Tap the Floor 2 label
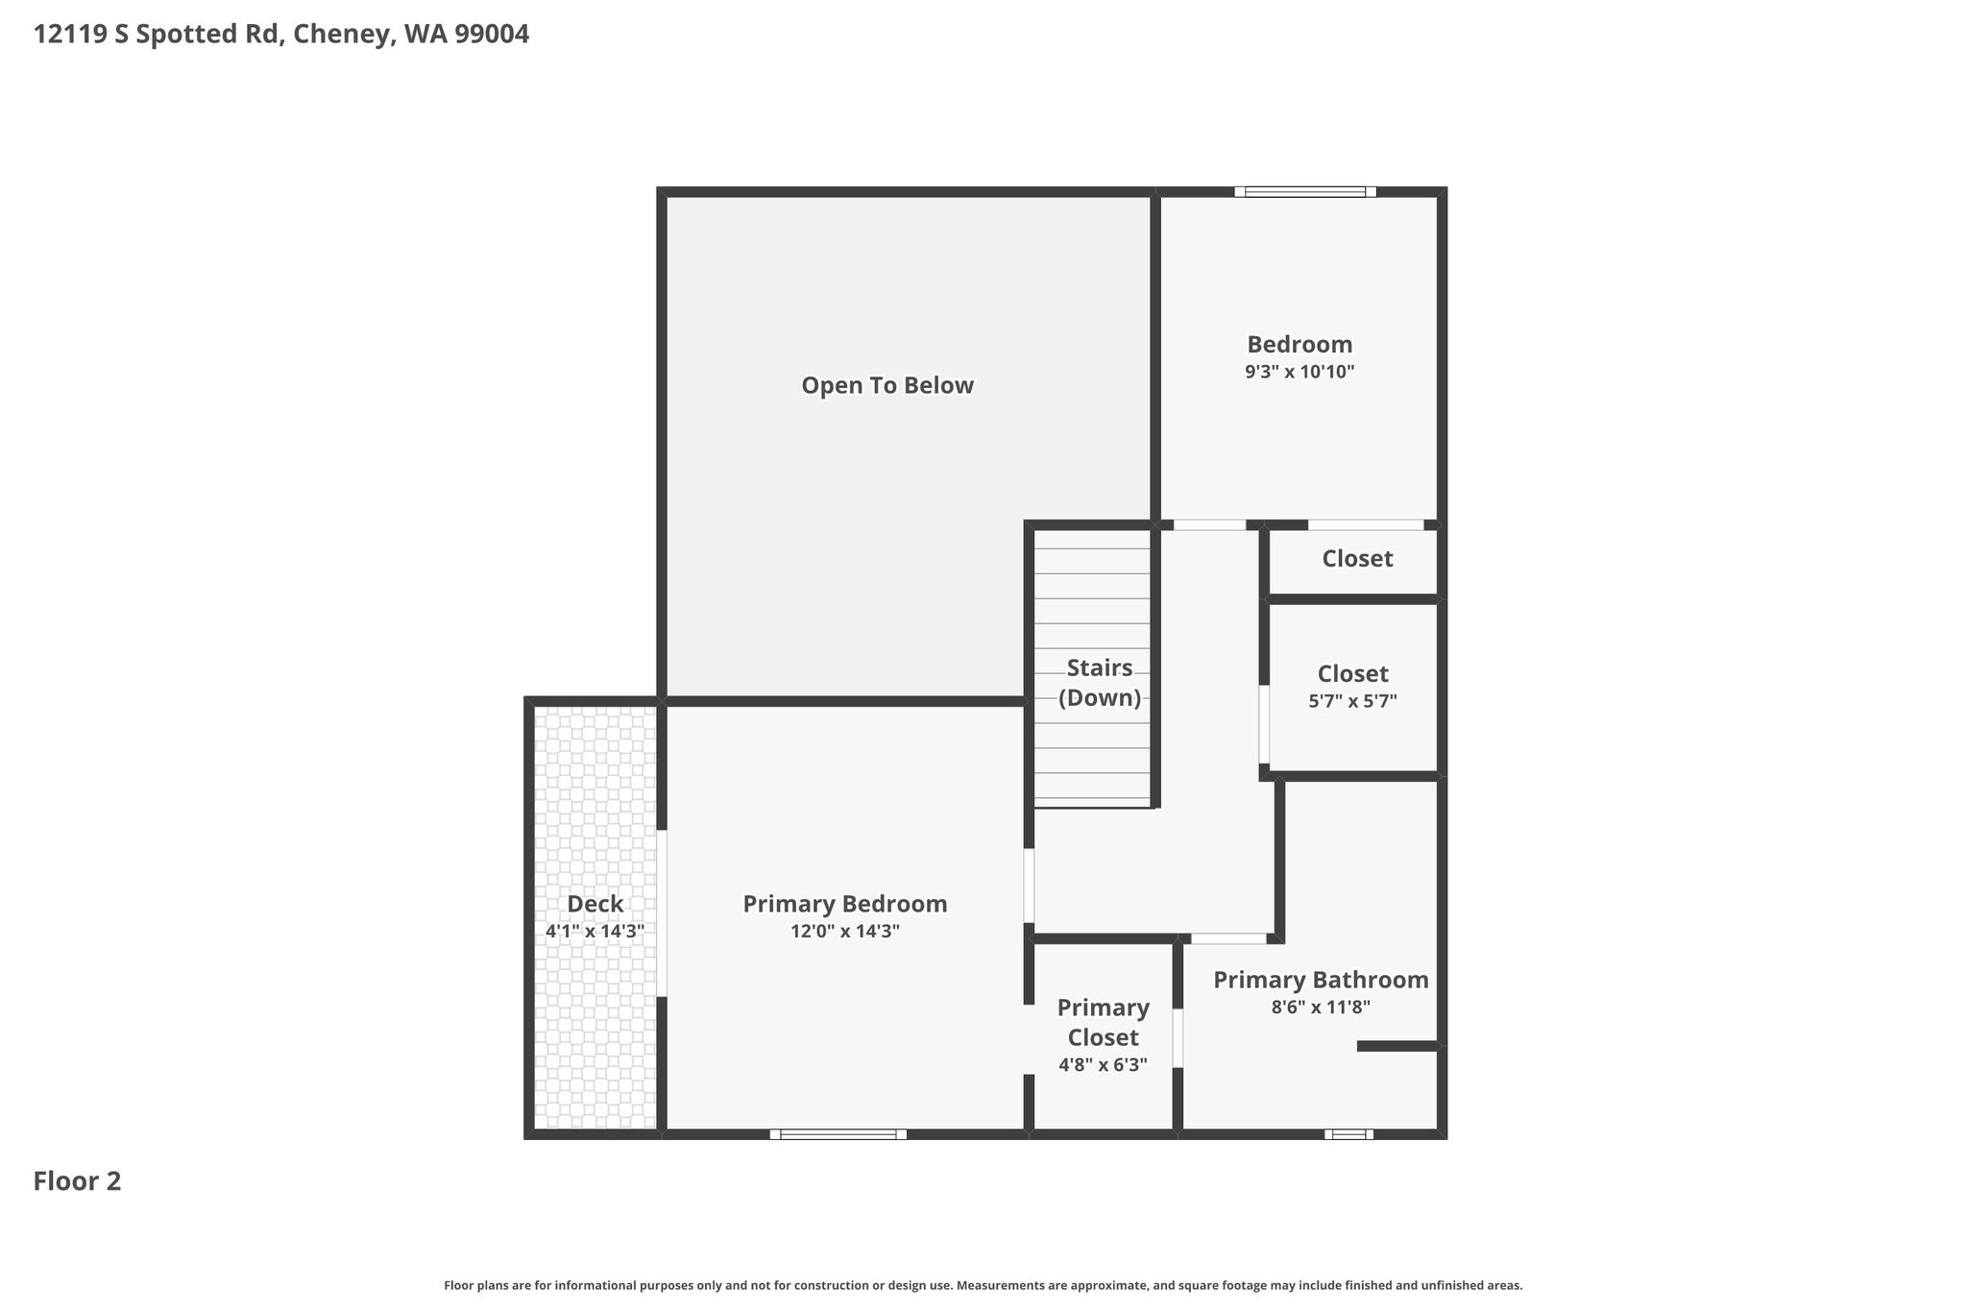tap(77, 1181)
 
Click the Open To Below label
tap(887, 385)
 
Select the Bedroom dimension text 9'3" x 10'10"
tap(1299, 372)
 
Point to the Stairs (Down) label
tap(1100, 683)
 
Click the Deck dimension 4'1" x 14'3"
tap(595, 931)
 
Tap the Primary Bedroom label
tap(845, 904)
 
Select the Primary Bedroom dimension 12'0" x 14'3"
tap(845, 931)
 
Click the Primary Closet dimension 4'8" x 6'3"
tap(1103, 1064)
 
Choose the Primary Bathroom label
tap(1321, 980)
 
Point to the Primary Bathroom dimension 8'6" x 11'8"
tap(1321, 1008)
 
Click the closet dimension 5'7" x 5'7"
tap(1352, 701)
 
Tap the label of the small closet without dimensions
tap(1357, 559)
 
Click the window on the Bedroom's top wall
tap(1305, 192)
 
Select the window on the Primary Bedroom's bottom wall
tap(838, 1134)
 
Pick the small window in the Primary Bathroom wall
tap(1348, 1134)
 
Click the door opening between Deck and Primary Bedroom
tap(662, 913)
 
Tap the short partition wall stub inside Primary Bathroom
tap(1397, 1046)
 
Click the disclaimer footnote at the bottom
tap(983, 1286)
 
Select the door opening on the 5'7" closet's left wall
tap(1264, 724)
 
